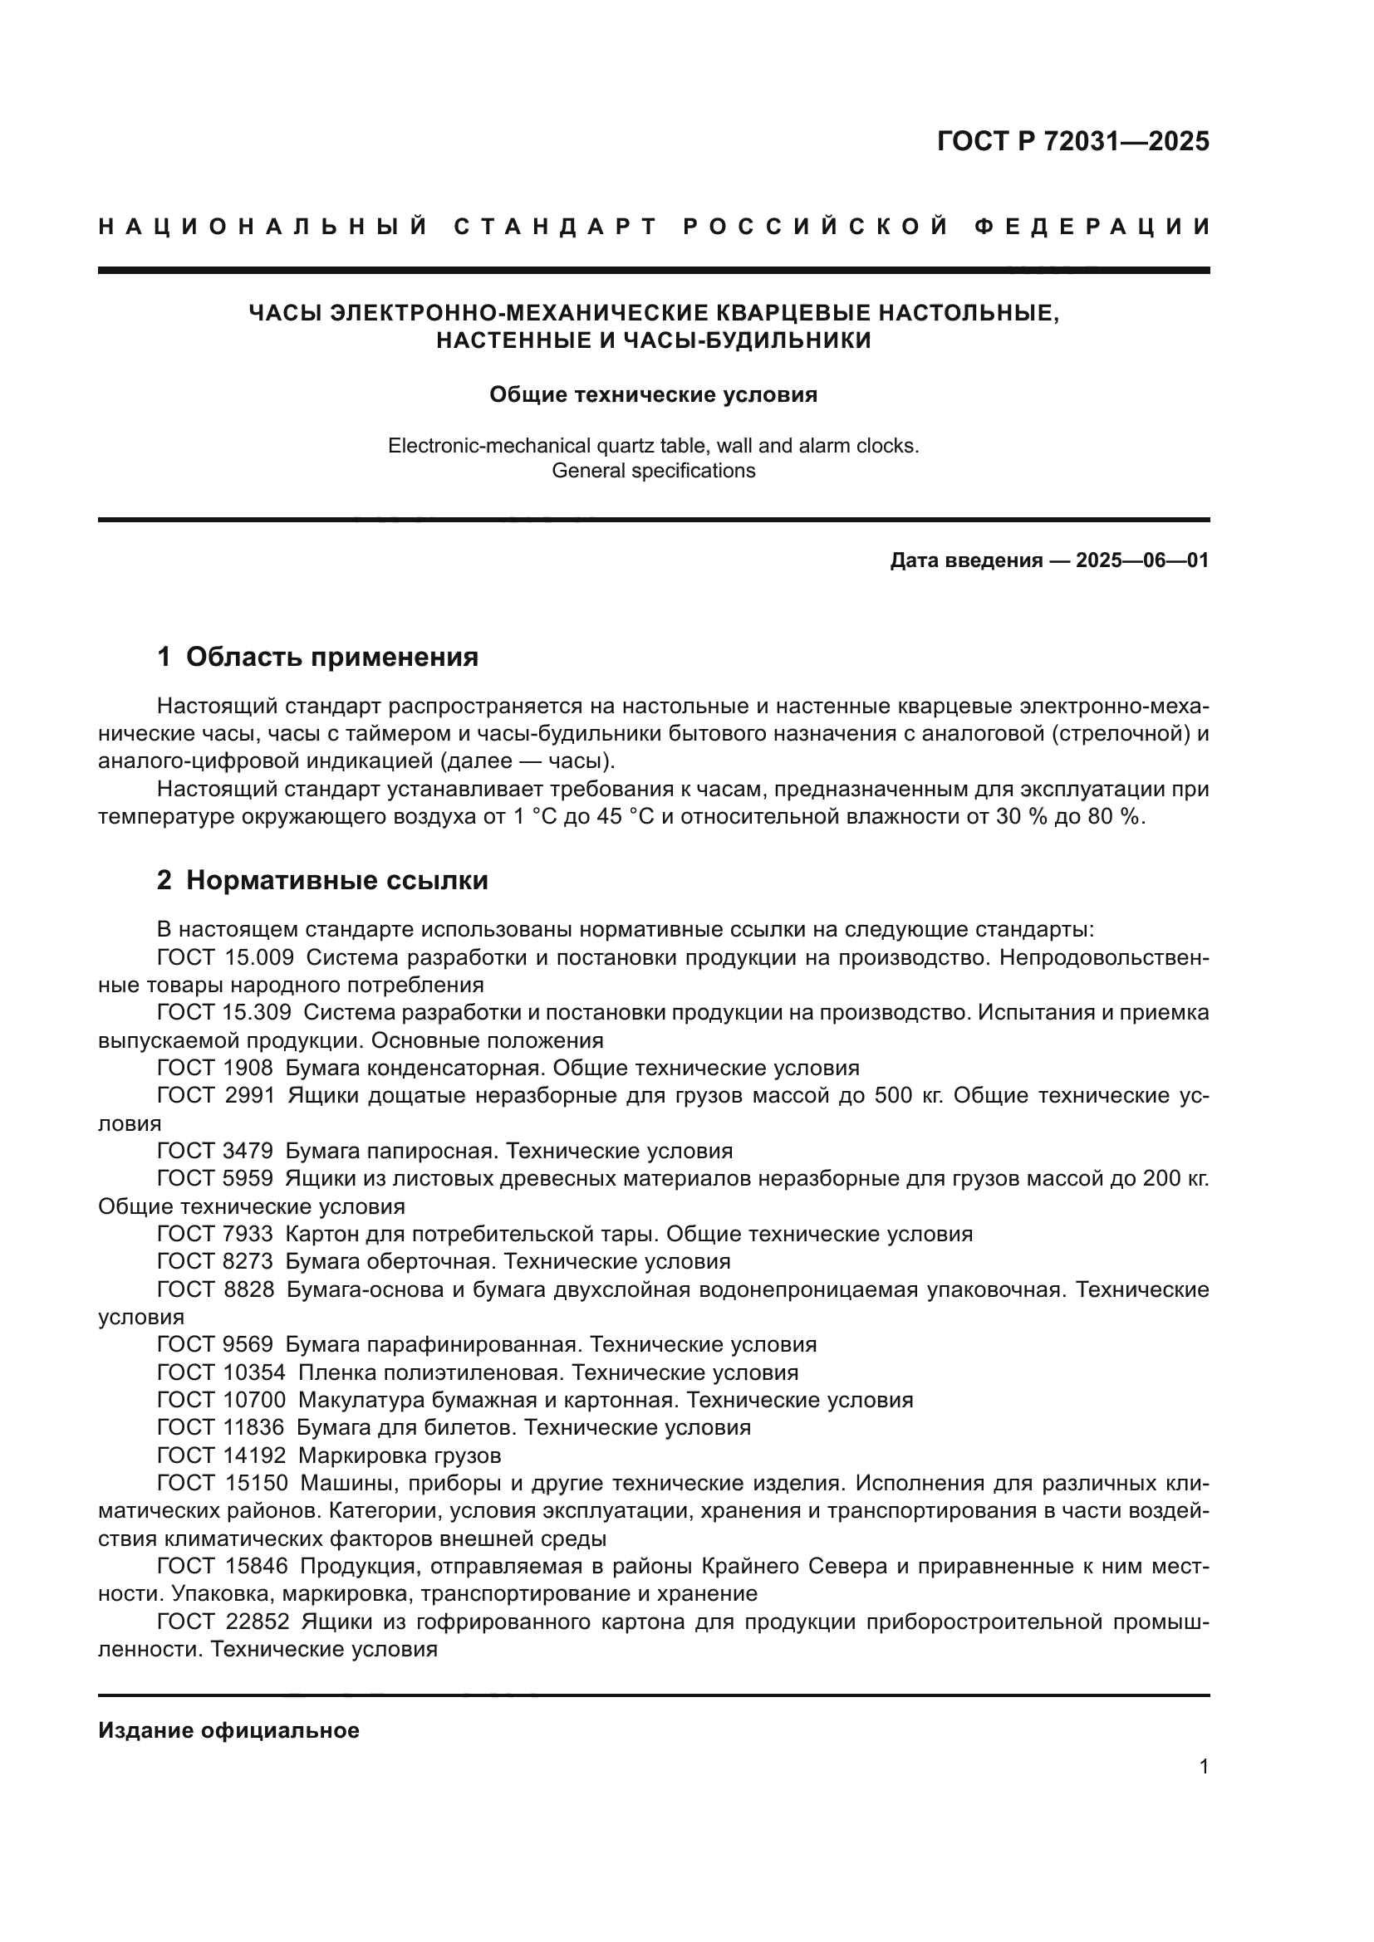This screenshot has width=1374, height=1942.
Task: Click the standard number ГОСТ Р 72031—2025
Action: (x=1072, y=141)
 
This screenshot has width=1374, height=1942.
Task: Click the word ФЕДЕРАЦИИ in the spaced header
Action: (x=1092, y=227)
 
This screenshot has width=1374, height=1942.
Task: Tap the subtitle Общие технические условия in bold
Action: (x=653, y=395)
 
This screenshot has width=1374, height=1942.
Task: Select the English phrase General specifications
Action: (x=653, y=471)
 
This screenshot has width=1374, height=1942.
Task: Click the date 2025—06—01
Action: (x=1142, y=560)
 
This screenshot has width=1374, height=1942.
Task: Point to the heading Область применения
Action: (x=331, y=657)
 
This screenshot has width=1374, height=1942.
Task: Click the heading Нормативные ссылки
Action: (x=336, y=880)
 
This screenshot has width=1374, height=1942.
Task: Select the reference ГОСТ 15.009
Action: (x=225, y=957)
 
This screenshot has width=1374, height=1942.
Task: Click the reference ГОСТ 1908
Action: (x=215, y=1069)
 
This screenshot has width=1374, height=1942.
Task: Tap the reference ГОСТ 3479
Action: (x=215, y=1151)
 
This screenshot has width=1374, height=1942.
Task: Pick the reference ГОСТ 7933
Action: (x=215, y=1234)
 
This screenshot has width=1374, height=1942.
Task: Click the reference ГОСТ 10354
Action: (x=221, y=1372)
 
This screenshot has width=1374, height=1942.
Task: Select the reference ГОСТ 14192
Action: (x=221, y=1455)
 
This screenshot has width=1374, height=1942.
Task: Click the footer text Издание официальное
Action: (x=228, y=1730)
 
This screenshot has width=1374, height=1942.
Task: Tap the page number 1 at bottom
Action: (x=1203, y=1767)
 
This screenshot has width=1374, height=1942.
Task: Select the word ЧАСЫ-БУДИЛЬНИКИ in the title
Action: (x=746, y=341)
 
